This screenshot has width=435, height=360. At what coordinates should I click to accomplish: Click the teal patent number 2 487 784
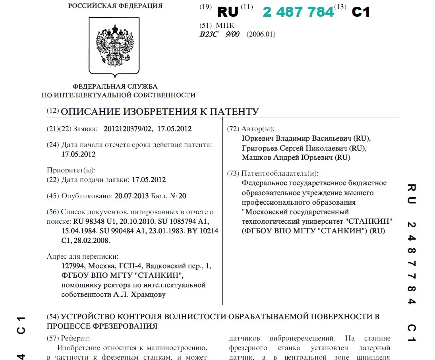coord(298,12)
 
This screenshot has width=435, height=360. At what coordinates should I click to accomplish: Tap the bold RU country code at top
coord(228,12)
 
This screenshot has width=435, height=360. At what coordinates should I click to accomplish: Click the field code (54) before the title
coord(53,317)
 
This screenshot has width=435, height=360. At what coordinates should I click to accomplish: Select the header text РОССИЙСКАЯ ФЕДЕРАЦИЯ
coord(115,6)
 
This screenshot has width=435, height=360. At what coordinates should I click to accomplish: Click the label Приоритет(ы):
coord(71,170)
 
